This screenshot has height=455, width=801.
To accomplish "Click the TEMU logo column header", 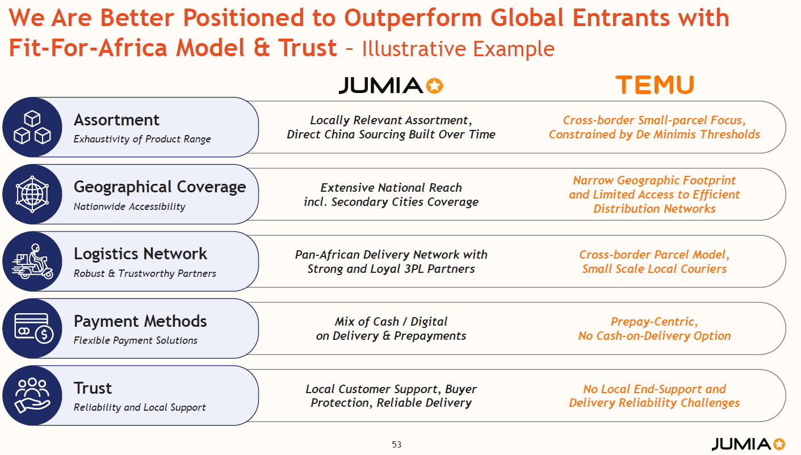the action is pos(655,85).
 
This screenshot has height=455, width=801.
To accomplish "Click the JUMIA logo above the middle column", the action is pos(391,86).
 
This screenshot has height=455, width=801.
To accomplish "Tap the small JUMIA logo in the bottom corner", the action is pos(748,444).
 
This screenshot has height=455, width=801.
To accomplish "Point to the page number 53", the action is pos(397,444).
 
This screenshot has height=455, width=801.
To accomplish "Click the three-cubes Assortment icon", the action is pos(32,127).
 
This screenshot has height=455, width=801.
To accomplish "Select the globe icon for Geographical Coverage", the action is pos(32,194).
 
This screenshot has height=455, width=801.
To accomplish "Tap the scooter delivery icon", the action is pos(32,262).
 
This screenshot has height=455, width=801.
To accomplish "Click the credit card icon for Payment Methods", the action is pos(33,328).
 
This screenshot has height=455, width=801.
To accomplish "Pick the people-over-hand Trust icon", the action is pos(32,395).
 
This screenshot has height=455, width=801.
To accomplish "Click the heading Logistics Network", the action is pos(140,254).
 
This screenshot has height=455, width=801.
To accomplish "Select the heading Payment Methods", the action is pos(140,321).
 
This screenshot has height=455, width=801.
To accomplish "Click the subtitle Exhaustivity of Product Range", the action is pos(142,139).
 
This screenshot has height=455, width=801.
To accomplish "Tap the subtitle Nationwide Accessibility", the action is pos(129,207).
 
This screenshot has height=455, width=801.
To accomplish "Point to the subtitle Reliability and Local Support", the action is pos(140,407).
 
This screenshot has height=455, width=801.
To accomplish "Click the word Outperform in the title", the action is pos(413,18).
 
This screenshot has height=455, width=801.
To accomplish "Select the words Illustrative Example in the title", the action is pos(458,49).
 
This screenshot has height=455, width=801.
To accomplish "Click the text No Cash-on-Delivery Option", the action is pos(655,336).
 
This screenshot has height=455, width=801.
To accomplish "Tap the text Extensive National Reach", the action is pos(391,187).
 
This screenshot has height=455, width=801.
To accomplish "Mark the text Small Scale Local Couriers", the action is pos(655,268).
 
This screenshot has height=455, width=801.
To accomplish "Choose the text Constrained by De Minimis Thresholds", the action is pos(655,134).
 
